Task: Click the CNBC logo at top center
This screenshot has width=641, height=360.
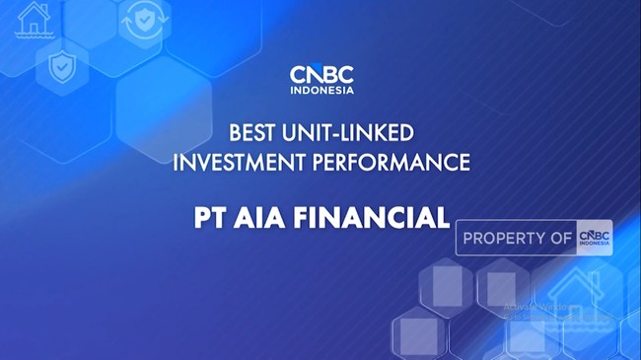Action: pyautogui.click(x=321, y=75)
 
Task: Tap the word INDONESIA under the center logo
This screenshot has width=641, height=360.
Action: pyautogui.click(x=321, y=91)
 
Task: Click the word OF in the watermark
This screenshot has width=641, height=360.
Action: pyautogui.click(x=562, y=239)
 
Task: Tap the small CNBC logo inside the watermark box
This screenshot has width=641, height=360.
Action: pyautogui.click(x=595, y=238)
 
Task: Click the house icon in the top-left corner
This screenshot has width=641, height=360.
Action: pyautogui.click(x=34, y=19)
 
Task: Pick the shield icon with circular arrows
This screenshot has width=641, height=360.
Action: pyautogui.click(x=143, y=21)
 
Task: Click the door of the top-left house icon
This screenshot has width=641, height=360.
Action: pyautogui.click(x=34, y=25)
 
